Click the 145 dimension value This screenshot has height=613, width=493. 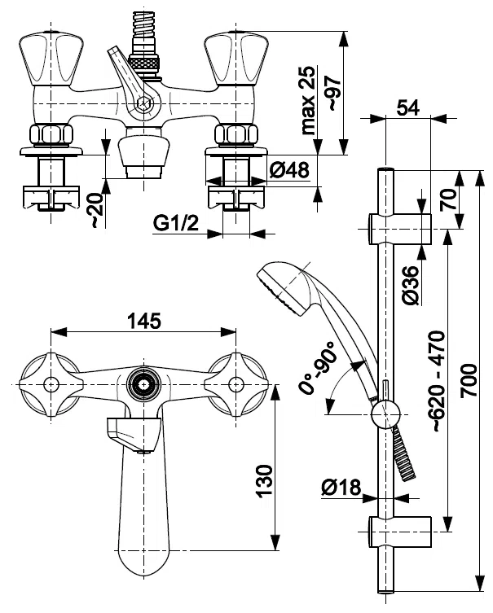(143, 320)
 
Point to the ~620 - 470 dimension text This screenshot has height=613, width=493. (437, 380)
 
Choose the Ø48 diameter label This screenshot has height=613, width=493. (288, 171)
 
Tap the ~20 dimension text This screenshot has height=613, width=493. (95, 211)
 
